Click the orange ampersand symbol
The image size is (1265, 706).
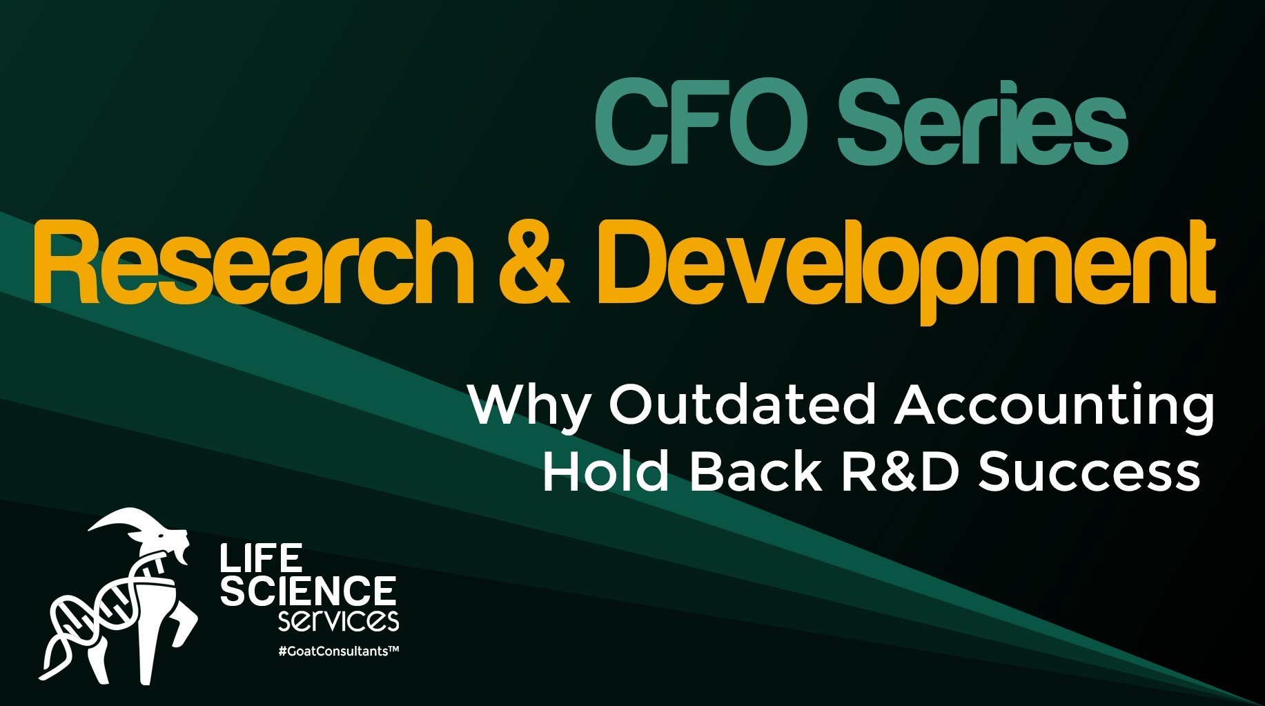(533, 263)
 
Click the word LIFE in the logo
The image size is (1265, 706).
(262, 558)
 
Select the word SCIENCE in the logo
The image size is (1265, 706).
(308, 591)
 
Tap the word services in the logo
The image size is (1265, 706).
(338, 620)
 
